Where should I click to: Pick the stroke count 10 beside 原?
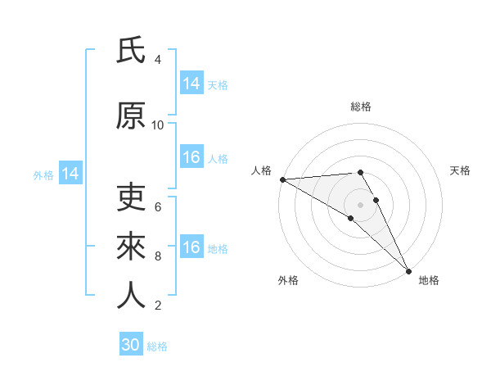point(158,125)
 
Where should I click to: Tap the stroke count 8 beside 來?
point(158,256)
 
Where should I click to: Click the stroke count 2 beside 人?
point(158,306)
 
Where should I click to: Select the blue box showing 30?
point(131,345)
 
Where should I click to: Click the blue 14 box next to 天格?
point(191,84)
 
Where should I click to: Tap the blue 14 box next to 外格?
point(70,174)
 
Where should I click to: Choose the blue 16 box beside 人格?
point(191,158)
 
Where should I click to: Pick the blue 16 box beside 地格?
point(191,248)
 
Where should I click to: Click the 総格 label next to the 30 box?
point(158,346)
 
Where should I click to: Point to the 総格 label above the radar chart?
point(361,106)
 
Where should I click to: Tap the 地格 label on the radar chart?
point(429,280)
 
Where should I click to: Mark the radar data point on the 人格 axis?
point(282,179)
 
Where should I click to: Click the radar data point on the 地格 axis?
point(408,271)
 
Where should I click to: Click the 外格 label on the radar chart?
point(288,280)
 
